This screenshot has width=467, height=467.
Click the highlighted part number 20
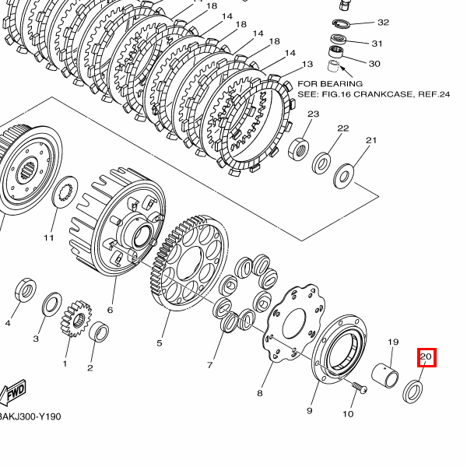(x=426, y=357)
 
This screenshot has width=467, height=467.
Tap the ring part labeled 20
(x=413, y=390)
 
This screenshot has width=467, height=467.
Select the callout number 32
(x=383, y=23)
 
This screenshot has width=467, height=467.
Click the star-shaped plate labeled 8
(x=292, y=323)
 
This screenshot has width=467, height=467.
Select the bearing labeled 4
(x=24, y=292)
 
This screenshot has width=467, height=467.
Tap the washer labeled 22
(x=321, y=163)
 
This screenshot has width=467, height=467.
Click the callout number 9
(x=309, y=410)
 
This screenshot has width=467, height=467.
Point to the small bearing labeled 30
(x=336, y=62)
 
